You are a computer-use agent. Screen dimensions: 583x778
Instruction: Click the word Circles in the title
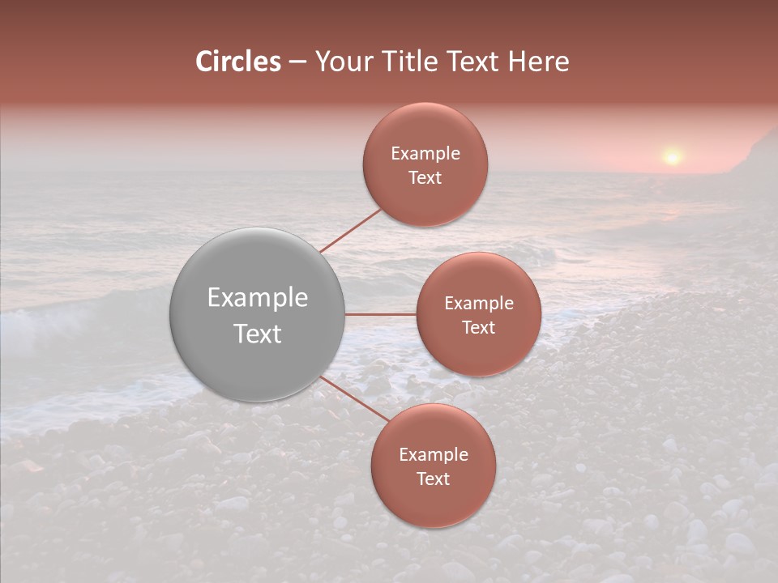click(238, 62)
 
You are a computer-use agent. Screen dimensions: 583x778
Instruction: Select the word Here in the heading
click(538, 62)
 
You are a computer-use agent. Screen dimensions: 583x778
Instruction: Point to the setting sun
click(672, 156)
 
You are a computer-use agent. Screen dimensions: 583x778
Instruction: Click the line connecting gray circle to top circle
click(351, 231)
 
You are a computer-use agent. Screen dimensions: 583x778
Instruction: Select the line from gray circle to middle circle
click(381, 314)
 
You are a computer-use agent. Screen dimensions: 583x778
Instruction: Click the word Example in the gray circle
click(258, 298)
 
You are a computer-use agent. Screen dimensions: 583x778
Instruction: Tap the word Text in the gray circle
click(258, 334)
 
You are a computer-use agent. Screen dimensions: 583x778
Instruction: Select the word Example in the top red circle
click(425, 154)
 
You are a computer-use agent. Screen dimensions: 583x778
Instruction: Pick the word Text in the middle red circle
click(479, 328)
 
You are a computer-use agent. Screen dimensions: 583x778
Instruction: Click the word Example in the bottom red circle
click(434, 455)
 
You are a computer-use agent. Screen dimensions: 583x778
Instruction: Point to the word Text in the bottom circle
click(434, 479)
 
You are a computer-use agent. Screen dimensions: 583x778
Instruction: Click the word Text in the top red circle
click(425, 178)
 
